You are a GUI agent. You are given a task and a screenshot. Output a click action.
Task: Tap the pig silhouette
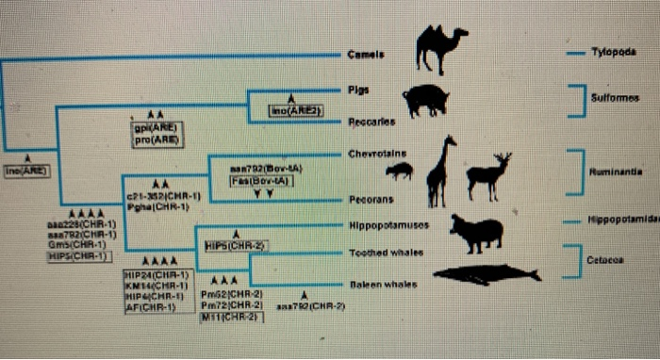click(425, 99)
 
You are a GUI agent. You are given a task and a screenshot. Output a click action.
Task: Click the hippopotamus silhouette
click(475, 233)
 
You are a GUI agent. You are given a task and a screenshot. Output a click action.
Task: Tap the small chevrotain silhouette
click(400, 171)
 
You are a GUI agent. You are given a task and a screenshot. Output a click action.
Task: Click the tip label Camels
click(363, 55)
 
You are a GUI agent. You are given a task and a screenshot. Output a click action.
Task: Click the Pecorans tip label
click(369, 200)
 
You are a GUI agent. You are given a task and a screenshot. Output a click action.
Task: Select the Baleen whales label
click(381, 282)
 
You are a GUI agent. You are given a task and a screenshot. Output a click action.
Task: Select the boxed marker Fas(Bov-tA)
click(264, 181)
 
